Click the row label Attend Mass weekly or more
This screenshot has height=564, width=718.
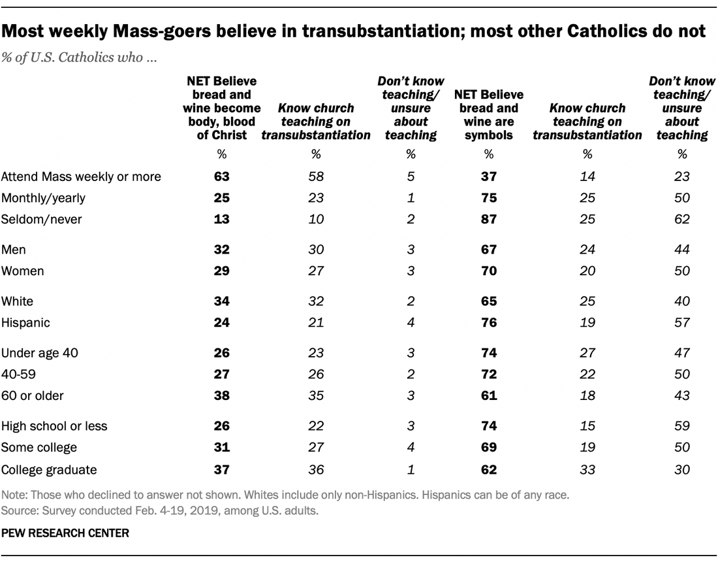[x=82, y=176]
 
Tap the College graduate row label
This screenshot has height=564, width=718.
[x=49, y=469]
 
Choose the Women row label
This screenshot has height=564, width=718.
[x=23, y=271]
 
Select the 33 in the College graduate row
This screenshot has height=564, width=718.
[x=587, y=469]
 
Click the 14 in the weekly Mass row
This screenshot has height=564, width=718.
[x=587, y=176]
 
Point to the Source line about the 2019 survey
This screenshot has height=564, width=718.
[x=160, y=510]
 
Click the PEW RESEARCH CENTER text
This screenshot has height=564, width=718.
[x=65, y=534]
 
